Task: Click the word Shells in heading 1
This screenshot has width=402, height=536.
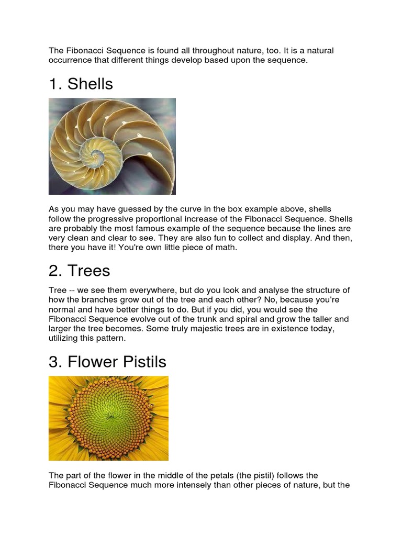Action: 90,84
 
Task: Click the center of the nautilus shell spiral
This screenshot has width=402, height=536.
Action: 96,154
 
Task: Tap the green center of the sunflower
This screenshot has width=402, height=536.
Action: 110,417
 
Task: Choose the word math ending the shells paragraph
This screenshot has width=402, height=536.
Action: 227,248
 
